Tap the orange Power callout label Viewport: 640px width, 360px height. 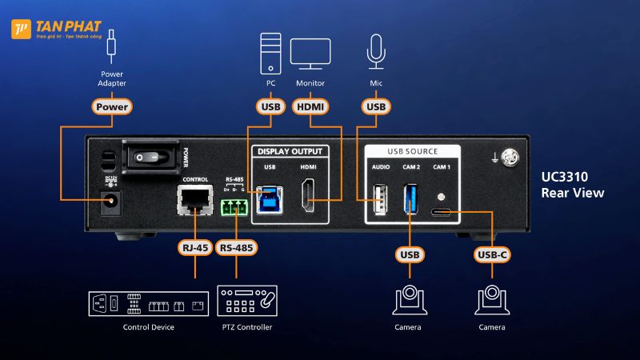(x=111, y=106)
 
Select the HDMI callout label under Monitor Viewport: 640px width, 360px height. (x=309, y=106)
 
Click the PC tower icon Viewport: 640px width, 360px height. (x=270, y=52)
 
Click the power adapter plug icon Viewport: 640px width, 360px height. (x=112, y=46)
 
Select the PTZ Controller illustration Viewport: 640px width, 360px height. (x=249, y=302)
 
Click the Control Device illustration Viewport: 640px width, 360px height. (x=148, y=302)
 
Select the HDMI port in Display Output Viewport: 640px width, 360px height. (x=309, y=197)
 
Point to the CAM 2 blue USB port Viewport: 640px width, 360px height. (x=410, y=198)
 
